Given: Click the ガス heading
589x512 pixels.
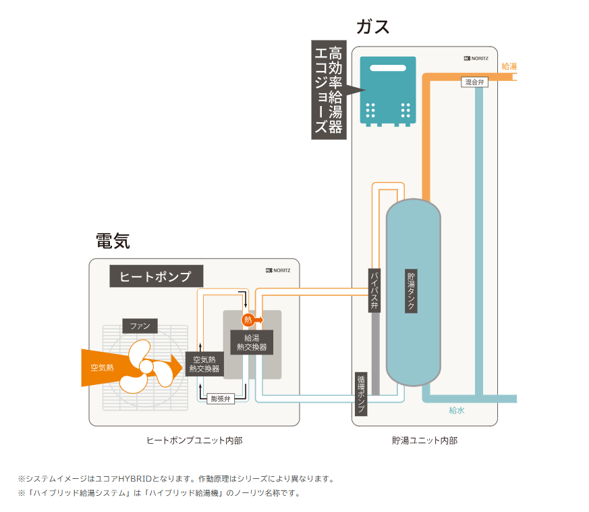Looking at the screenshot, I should click(x=372, y=27).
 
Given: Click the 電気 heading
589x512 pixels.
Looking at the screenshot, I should click(x=113, y=241).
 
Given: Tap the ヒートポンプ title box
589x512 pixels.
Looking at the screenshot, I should click(x=156, y=276).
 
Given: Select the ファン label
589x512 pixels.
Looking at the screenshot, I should click(x=140, y=326).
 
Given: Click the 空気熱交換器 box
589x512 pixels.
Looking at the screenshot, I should click(x=204, y=364).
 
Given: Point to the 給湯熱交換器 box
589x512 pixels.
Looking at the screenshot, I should click(x=251, y=342).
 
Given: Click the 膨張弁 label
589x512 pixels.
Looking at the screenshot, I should click(x=221, y=399).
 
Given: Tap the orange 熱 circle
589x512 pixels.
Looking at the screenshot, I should click(x=248, y=319).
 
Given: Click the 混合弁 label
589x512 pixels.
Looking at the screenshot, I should click(x=474, y=82).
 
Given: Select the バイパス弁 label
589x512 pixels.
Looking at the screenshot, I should click(x=374, y=291).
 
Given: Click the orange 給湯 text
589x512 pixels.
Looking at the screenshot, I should click(x=509, y=66).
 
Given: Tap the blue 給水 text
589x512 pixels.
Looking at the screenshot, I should click(x=457, y=410).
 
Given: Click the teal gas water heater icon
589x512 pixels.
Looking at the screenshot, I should click(x=387, y=91).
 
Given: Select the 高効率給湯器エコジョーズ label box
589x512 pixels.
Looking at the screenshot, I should click(x=329, y=90).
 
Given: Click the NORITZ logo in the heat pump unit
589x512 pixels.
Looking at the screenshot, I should click(x=278, y=270).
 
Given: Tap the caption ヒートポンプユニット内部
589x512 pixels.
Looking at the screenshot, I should click(x=194, y=440).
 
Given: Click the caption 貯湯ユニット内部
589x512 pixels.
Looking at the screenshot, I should click(x=424, y=440).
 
